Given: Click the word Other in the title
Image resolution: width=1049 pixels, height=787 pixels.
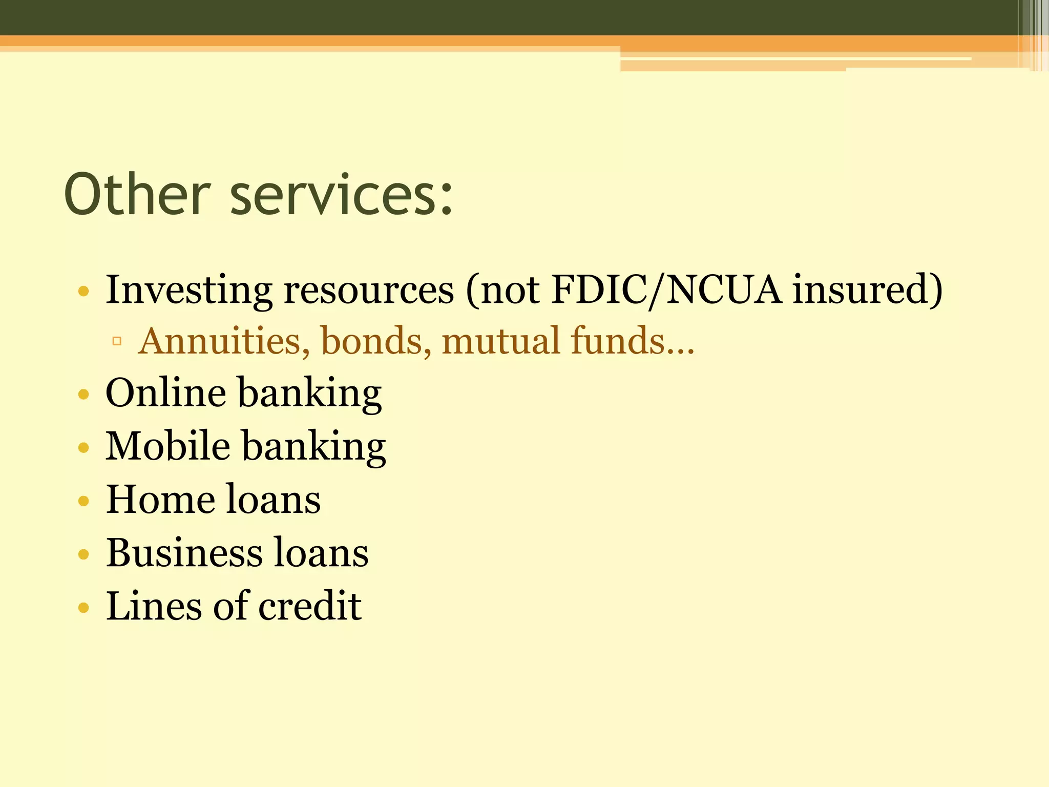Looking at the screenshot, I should click(x=137, y=195).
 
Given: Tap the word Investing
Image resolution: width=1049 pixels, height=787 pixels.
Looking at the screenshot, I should click(x=188, y=290).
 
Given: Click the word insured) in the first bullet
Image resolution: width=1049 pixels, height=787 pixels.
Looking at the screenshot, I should click(x=867, y=290).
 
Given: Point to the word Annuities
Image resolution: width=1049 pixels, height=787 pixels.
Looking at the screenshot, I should click(x=224, y=341).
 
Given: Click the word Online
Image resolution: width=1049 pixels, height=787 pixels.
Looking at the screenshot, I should click(x=165, y=393).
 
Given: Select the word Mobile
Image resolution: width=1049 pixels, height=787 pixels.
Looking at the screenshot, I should click(x=167, y=446).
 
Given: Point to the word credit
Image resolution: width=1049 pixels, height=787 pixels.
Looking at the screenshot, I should click(x=310, y=606).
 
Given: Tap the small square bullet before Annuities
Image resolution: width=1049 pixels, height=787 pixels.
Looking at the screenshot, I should click(x=117, y=341).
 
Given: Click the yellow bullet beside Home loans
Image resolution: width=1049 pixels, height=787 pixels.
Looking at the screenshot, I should click(x=83, y=501).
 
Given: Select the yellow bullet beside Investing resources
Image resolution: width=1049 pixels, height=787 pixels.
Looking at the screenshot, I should click(x=83, y=292).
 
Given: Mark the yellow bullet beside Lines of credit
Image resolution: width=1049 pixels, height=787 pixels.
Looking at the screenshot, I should click(x=83, y=608).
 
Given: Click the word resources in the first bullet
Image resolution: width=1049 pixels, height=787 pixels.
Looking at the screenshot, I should click(x=369, y=290).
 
